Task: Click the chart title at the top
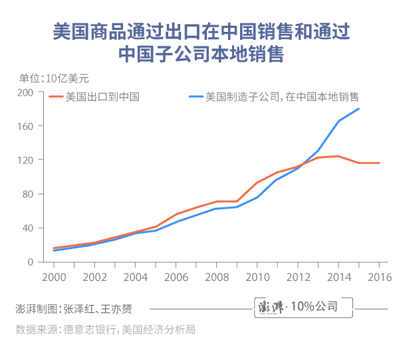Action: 199,42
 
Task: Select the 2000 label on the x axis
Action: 53,276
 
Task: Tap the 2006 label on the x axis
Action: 176,276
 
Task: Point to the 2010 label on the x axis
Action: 257,276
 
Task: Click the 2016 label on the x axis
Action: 379,276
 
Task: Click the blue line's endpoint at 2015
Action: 359,109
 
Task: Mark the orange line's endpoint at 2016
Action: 379,163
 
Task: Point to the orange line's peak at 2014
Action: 338,156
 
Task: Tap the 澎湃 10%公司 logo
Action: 305,307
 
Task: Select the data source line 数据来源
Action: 105,329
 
